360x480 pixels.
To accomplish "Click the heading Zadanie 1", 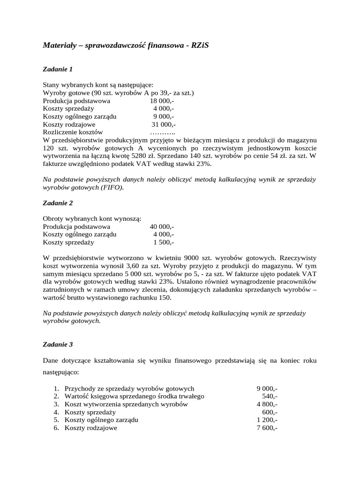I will point(58,69).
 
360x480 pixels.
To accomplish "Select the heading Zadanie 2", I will point(58,203).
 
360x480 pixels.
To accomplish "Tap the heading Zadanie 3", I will point(58,344).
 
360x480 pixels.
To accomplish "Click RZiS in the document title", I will point(205,45).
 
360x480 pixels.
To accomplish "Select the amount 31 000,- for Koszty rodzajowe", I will point(163,125).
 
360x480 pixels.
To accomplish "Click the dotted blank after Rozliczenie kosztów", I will point(162,133).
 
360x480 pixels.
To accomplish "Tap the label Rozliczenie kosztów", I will point(73,133).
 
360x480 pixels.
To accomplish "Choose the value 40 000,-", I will point(162,226).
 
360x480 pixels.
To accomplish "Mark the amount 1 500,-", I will point(164,242).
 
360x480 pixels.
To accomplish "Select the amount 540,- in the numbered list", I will point(270,397).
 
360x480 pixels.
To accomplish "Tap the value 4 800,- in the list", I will point(267,405).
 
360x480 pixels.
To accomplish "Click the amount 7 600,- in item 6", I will point(267,428).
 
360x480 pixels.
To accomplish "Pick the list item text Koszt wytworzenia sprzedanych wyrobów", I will point(126,405).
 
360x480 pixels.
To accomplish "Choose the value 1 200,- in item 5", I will point(267,420).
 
